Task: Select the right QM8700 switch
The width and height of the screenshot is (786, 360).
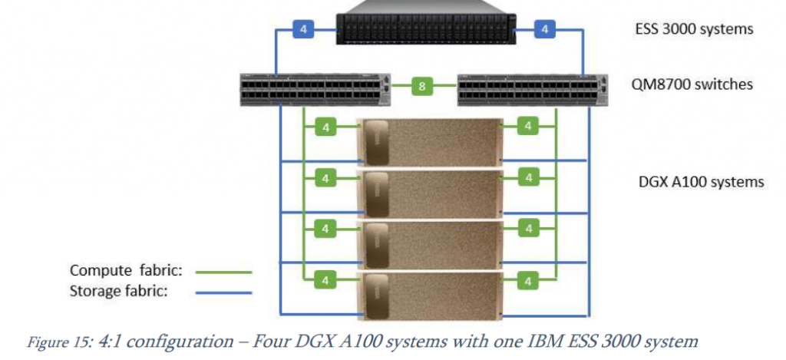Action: coord(530,89)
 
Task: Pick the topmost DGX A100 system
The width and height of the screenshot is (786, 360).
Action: coord(430,141)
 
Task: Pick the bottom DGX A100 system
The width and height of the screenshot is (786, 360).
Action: coord(430,296)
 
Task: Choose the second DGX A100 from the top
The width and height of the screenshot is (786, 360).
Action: coord(430,193)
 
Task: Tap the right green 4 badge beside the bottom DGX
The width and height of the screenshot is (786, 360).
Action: coord(528,282)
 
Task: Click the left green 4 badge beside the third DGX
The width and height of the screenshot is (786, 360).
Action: coord(325,230)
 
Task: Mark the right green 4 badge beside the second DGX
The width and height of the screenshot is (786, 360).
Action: coord(528,178)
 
